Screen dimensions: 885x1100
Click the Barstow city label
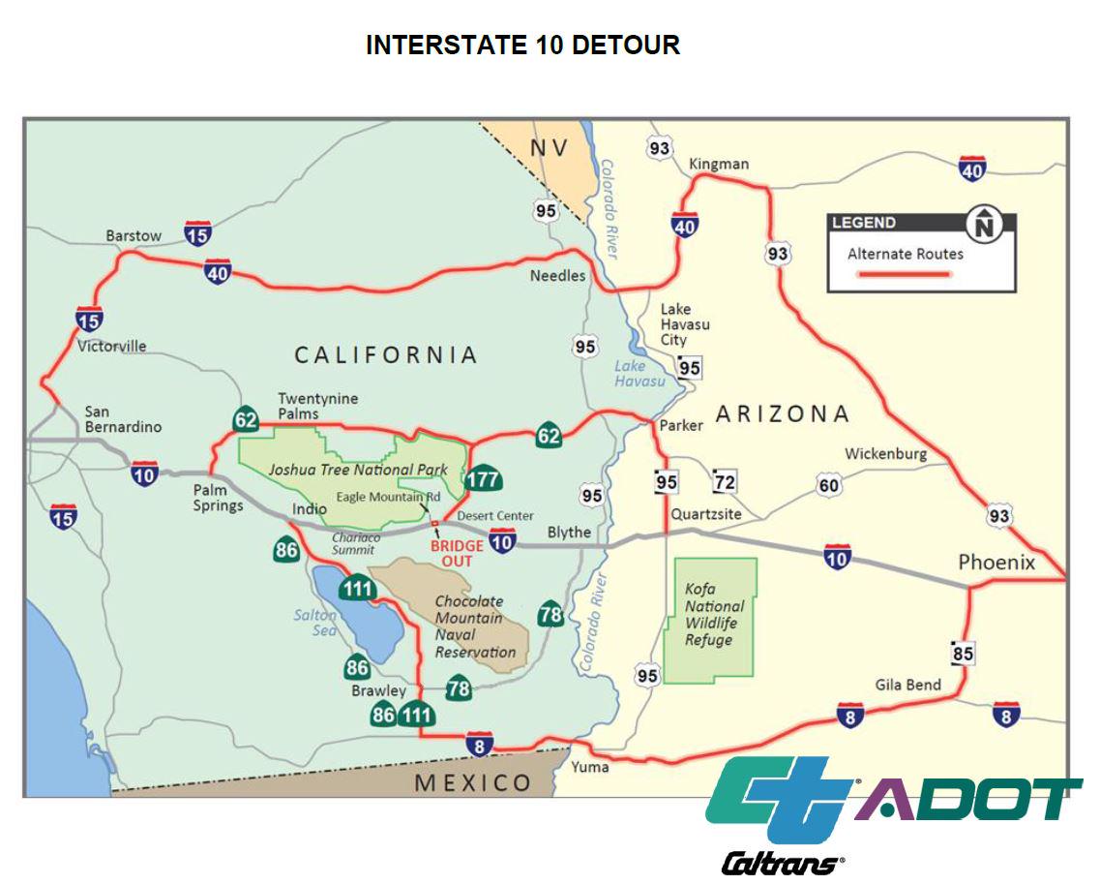[x=134, y=235]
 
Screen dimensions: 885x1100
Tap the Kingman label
[x=719, y=164]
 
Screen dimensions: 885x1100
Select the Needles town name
[x=557, y=276]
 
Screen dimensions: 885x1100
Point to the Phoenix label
[x=996, y=563]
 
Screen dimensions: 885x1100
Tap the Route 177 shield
[x=482, y=479]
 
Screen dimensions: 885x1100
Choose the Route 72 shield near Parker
[x=724, y=480]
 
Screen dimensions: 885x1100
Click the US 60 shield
[x=829, y=485]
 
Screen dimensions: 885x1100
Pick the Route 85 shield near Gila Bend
[x=962, y=654]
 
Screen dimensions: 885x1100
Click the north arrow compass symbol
[x=985, y=225]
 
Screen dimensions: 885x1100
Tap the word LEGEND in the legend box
[x=864, y=223]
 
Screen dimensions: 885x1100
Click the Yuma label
[x=589, y=767]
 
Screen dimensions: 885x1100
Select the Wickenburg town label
[x=885, y=453]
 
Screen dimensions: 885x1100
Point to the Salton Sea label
[x=315, y=623]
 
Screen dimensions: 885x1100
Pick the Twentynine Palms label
[x=317, y=406]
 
